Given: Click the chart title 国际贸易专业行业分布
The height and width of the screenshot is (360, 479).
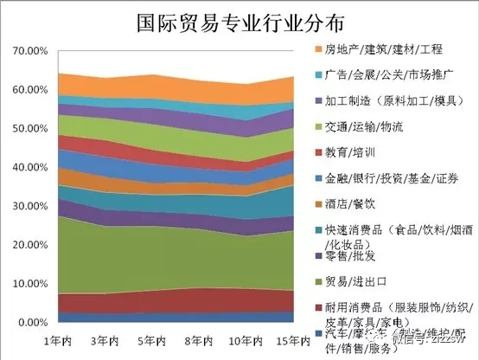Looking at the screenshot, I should [x=239, y=21].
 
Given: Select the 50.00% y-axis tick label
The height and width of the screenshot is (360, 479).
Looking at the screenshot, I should [x=28, y=128].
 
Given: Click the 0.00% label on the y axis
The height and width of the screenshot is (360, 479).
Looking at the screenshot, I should [x=30, y=322].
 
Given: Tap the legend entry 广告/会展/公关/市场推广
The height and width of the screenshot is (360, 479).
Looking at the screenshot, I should [x=396, y=77].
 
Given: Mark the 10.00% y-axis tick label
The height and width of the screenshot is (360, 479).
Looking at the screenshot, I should [x=28, y=283].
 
